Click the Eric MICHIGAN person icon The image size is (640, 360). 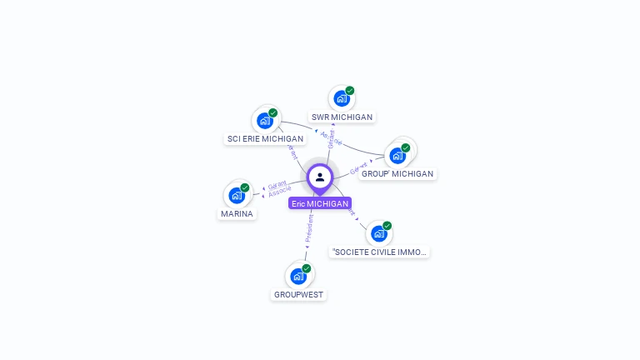320,177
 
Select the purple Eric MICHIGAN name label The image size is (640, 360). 320,203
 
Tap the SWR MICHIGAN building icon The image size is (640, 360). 341,99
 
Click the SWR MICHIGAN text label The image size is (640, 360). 342,117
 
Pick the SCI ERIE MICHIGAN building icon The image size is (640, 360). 264,121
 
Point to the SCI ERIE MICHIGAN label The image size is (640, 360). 265,138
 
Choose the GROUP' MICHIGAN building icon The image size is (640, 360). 397,156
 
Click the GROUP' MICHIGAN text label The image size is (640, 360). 397,174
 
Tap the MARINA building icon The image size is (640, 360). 237,196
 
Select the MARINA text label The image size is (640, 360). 237,213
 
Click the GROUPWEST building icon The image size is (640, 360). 298,277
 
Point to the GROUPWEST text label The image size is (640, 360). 298,295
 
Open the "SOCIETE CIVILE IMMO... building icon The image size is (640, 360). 379,233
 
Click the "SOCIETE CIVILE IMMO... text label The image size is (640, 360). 379,252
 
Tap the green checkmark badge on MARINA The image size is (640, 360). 245,187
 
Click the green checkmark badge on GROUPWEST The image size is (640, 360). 307,268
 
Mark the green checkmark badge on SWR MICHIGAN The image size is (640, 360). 350,91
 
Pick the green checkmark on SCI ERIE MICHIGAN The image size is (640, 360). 272,112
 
